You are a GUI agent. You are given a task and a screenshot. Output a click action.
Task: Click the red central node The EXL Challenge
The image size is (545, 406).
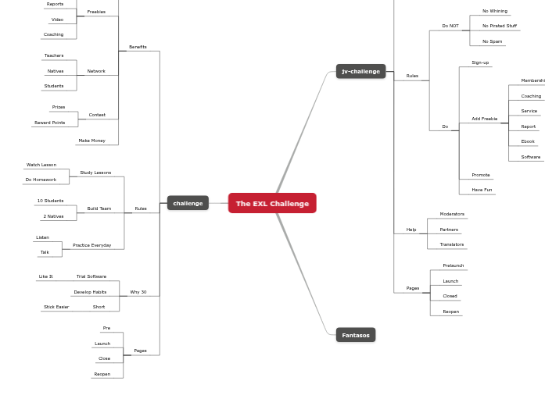click(x=272, y=203)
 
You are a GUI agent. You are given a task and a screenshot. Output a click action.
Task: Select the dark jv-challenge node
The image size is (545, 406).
click(x=360, y=71)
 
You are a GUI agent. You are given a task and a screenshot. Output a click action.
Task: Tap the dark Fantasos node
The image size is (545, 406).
click(x=356, y=335)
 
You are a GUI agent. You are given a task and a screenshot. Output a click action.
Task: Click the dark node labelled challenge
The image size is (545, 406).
click(x=188, y=203)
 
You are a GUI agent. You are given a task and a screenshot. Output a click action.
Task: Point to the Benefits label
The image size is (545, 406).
click(x=138, y=47)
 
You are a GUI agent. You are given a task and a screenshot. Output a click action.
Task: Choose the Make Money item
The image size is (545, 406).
click(x=91, y=141)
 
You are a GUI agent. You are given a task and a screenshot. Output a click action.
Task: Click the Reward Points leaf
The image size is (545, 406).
click(x=50, y=123)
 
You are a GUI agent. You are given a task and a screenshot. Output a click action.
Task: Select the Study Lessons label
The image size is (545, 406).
click(x=95, y=173)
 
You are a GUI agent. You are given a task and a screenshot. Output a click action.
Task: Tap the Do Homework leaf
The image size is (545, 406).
click(x=41, y=180)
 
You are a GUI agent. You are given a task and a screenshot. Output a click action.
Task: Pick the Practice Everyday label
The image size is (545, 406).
click(x=91, y=245)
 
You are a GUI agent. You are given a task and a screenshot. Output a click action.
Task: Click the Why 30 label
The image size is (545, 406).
click(x=138, y=292)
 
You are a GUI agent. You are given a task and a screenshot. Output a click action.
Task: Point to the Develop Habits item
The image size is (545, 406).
click(x=90, y=292)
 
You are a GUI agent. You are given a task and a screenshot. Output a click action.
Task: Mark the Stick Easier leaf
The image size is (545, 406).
click(x=56, y=307)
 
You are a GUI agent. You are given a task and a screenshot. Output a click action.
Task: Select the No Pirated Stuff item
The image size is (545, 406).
click(x=500, y=26)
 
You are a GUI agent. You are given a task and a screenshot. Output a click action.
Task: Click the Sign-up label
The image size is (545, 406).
click(x=480, y=62)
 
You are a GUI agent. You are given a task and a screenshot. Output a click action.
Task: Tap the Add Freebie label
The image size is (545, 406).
click(x=484, y=119)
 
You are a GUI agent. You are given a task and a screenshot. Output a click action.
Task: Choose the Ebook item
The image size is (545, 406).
click(x=528, y=141)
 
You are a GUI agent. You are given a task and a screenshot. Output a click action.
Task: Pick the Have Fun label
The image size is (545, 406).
click(x=482, y=190)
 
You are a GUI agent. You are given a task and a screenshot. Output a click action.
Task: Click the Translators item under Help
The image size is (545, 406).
click(x=451, y=244)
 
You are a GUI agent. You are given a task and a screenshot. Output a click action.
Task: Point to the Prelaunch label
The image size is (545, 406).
click(x=453, y=265)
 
